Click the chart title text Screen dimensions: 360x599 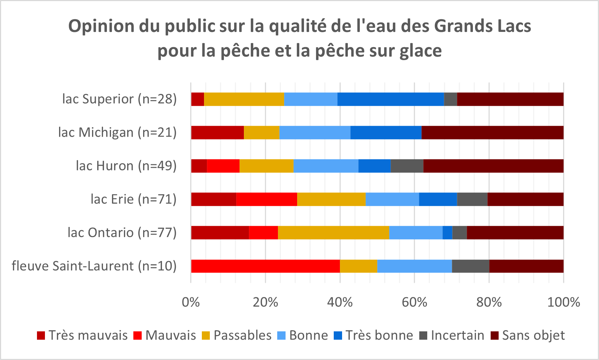(x=300, y=38)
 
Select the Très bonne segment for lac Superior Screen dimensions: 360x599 (x=391, y=99)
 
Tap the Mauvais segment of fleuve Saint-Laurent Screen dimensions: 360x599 (x=266, y=266)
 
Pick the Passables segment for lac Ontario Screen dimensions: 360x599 (x=333, y=233)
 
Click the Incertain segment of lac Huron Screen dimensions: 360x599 (x=407, y=166)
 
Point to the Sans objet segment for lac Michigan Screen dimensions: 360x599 (x=492, y=133)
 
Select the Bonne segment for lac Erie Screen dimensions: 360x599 (x=392, y=199)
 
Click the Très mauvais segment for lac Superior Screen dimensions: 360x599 (x=197, y=99)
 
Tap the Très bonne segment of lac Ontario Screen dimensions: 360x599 (x=448, y=233)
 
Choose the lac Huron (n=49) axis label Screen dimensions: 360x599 (x=126, y=166)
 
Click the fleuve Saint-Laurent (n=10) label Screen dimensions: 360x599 (x=94, y=266)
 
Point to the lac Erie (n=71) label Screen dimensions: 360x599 (x=133, y=199)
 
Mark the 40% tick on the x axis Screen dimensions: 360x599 (x=340, y=302)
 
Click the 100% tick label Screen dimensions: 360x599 (x=563, y=302)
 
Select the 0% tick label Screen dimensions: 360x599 (x=191, y=302)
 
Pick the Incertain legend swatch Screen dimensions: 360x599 (x=423, y=336)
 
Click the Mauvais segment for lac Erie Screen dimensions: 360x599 (x=267, y=199)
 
